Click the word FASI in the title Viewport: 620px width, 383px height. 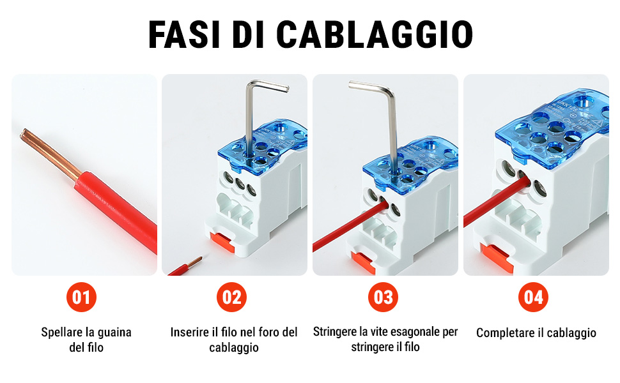pyautogui.click(x=184, y=34)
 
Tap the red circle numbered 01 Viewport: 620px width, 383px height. pyautogui.click(x=81, y=297)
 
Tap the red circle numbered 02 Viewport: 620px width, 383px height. pyautogui.click(x=232, y=297)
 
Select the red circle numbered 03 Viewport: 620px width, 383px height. pyautogui.click(x=383, y=297)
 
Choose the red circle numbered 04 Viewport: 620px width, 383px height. pyautogui.click(x=534, y=297)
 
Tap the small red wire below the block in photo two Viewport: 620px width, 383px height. pyautogui.click(x=185, y=266)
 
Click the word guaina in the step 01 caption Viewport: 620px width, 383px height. pyautogui.click(x=114, y=333)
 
